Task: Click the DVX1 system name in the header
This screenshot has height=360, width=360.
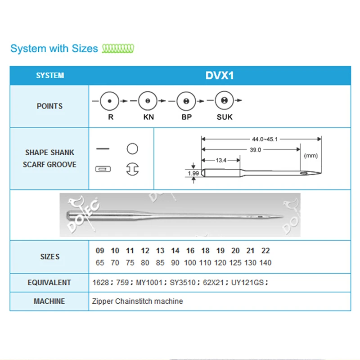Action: tap(220, 75)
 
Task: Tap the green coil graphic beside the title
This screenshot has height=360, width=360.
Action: tap(118, 48)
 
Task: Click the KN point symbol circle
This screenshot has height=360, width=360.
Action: tap(147, 101)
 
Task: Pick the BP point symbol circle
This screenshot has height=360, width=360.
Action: tap(185, 101)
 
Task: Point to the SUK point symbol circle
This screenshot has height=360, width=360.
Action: tap(224, 101)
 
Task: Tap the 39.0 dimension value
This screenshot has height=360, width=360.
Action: tap(255, 150)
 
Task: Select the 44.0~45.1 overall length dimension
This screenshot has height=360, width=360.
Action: tap(261, 139)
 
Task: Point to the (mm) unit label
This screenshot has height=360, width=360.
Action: tap(311, 155)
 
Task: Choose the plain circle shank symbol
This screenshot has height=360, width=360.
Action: tap(132, 148)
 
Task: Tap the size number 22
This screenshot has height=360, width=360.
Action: tap(265, 251)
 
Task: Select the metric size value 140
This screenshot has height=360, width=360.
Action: tap(265, 262)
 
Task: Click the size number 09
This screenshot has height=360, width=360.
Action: tap(100, 251)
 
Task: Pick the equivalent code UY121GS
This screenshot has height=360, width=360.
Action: tap(249, 283)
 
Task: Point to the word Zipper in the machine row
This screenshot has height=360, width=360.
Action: tap(103, 301)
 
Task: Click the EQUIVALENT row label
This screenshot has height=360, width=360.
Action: tap(49, 283)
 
